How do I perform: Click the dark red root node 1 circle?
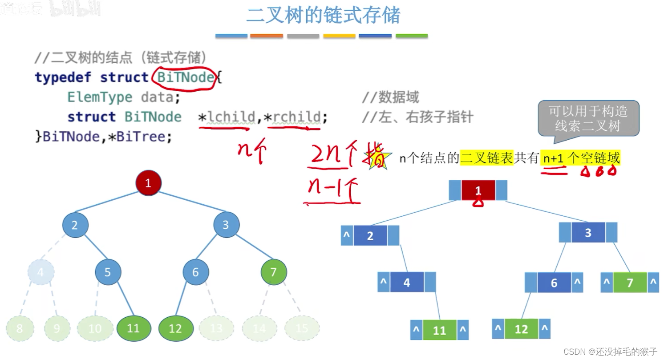[148, 183]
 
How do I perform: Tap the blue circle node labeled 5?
[107, 272]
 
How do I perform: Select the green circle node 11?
[133, 328]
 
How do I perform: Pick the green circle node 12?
[176, 329]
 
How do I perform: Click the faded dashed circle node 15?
[302, 328]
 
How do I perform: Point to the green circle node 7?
[273, 272]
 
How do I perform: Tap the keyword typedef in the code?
[63, 77]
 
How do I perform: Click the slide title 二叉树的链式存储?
[323, 15]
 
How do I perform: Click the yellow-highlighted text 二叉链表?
[487, 158]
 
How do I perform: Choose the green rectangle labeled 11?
[439, 330]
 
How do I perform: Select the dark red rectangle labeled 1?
[478, 190]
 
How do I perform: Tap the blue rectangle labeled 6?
[554, 283]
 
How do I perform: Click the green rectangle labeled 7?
[630, 283]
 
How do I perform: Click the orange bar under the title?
[267, 36]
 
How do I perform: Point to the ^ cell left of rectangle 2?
[347, 235]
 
